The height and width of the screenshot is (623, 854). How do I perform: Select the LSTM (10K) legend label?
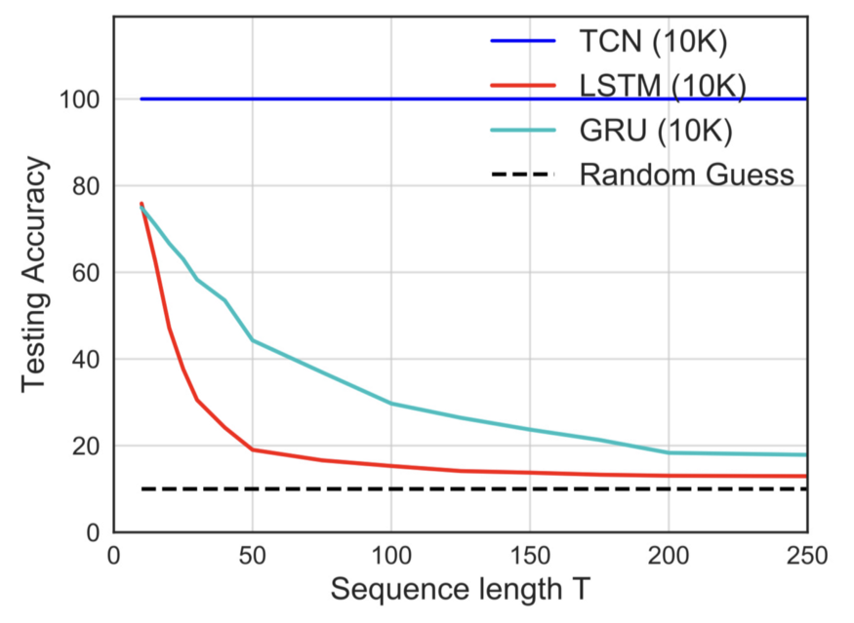[663, 87]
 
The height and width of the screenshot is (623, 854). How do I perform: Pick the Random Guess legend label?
[686, 175]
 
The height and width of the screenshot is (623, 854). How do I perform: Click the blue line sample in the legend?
[522, 43]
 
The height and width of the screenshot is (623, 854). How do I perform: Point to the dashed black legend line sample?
[522, 175]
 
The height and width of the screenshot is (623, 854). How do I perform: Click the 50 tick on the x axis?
[253, 555]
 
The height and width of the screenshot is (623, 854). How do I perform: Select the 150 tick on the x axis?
[529, 555]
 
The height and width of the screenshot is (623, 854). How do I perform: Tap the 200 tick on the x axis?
[668, 555]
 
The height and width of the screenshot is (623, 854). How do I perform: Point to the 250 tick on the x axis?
[805, 555]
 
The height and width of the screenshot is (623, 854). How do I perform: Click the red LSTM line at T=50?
[253, 449]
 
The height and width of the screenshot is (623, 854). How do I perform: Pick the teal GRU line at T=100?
[391, 403]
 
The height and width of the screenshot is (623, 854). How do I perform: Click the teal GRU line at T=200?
[668, 452]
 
